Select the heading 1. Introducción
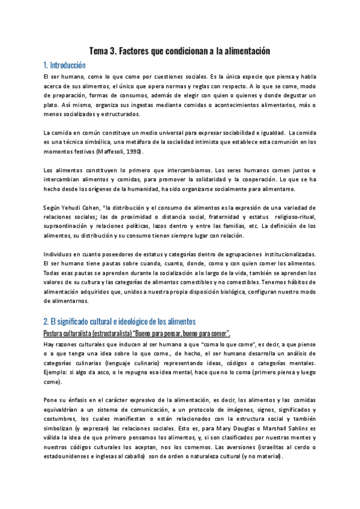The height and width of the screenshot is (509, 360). pyautogui.click(x=65, y=65)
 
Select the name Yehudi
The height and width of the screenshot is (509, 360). pyautogui.click(x=75, y=207)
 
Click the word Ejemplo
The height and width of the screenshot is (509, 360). pyautogui.click(x=57, y=372)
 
